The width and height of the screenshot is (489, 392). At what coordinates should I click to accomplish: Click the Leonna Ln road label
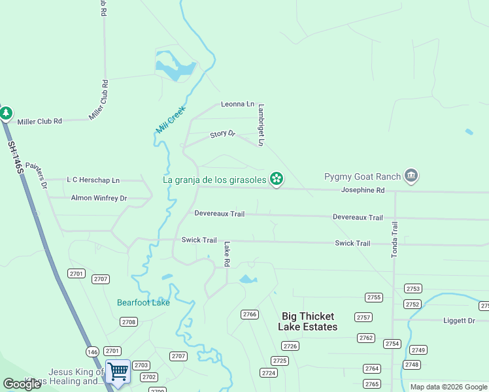pos(237,104)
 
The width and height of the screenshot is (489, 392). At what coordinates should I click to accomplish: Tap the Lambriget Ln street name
pos(261,125)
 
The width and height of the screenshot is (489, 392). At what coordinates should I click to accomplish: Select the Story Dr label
pos(222,134)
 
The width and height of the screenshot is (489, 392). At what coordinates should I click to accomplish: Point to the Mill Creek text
pos(171,120)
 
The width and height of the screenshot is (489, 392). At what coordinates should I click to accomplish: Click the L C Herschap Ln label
pos(93,180)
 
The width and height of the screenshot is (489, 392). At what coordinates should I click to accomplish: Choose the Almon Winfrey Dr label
pos(99,197)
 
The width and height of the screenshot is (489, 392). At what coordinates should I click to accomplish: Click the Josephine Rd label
pos(363,190)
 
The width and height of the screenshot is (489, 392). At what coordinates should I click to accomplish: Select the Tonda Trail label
pos(394,239)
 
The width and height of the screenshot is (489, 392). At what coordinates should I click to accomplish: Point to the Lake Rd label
pos(228,254)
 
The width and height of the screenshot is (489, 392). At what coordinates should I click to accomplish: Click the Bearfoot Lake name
pos(143,302)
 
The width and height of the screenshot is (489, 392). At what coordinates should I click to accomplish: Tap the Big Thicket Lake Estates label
pos(308,321)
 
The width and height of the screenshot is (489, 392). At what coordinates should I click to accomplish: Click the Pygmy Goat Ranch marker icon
pos(411,176)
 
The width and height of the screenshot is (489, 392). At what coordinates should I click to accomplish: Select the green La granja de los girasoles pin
pos(277,178)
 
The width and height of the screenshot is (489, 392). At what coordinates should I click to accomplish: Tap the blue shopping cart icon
pos(118,371)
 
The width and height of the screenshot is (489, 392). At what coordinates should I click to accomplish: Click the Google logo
pos(22,384)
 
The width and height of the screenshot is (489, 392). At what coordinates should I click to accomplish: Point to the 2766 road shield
pos(249,314)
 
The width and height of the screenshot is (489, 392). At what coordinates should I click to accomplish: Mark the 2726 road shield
pos(290,346)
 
